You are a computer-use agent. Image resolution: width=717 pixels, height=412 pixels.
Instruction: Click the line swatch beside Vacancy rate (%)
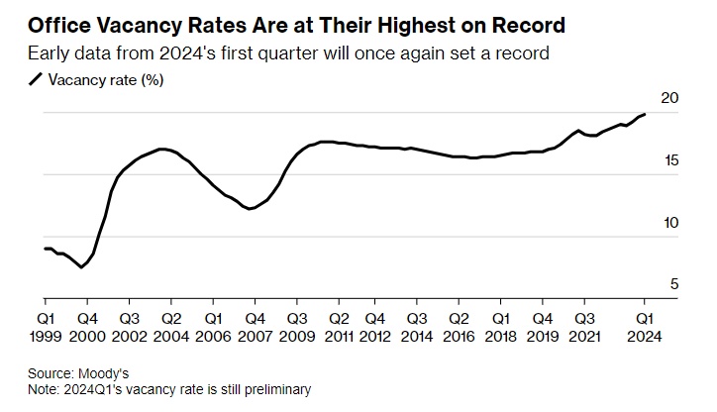pyautogui.click(x=37, y=80)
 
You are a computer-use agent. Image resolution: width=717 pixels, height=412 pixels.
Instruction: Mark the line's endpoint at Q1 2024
pyautogui.click(x=645, y=115)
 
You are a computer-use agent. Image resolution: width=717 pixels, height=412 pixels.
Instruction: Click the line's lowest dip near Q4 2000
pyautogui.click(x=81, y=266)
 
